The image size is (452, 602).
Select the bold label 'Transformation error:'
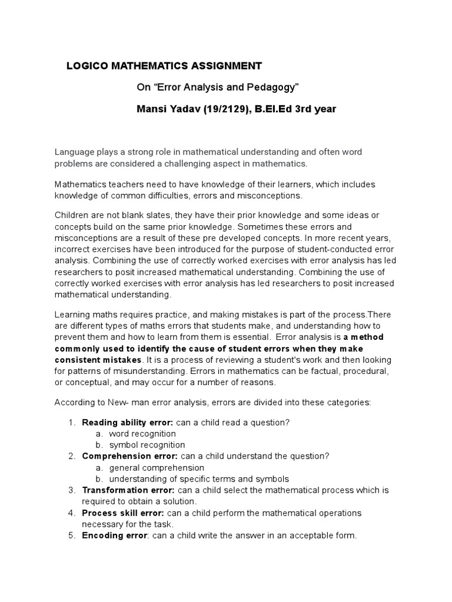point(128,490)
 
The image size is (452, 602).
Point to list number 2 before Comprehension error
point(71,456)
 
